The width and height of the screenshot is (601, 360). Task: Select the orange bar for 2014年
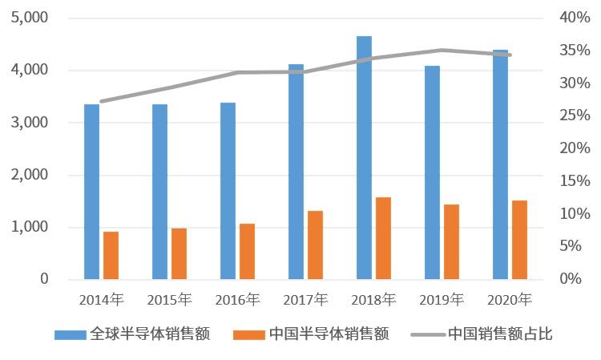pos(111,256)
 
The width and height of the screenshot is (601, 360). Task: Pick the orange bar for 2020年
pos(519,240)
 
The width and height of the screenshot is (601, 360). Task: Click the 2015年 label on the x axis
pos(169,301)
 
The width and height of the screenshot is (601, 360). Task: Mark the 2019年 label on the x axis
pos(442,301)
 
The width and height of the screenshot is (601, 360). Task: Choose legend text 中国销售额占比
pos(500,334)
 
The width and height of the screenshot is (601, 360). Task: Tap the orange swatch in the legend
pos(247,334)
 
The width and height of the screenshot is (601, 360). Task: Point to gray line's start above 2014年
pos(102,102)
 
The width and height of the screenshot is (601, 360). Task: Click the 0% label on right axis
pos(569,279)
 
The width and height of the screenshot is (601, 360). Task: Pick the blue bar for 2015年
pos(159,192)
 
